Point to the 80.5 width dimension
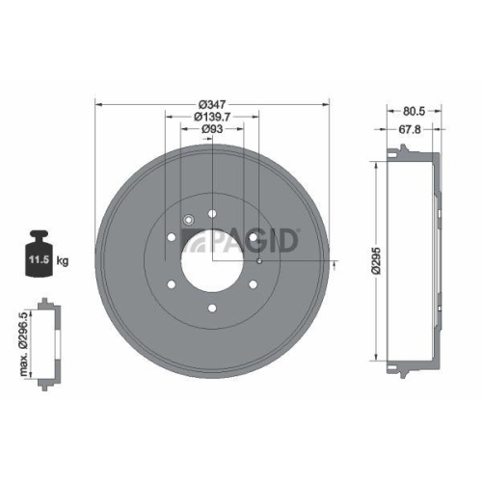click(x=414, y=111)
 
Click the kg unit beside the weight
click(x=62, y=260)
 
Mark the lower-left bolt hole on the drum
click(x=171, y=285)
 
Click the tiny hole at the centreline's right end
click(x=260, y=261)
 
